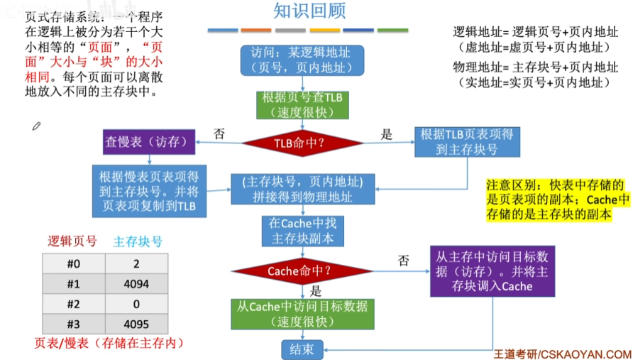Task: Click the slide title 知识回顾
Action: [x=309, y=11]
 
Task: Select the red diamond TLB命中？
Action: [x=302, y=143]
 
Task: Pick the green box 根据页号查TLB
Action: [x=302, y=104]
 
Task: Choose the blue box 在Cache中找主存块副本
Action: [x=302, y=231]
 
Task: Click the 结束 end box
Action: [x=302, y=349]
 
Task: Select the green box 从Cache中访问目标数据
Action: [x=302, y=314]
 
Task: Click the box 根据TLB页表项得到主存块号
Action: [x=468, y=142]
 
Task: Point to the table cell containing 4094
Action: [x=136, y=284]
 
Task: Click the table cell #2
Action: [x=73, y=304]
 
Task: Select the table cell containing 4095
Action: [x=136, y=324]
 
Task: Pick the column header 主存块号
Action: [x=138, y=241]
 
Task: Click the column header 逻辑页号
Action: [x=72, y=241]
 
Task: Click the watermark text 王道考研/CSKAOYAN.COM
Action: [x=562, y=353]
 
